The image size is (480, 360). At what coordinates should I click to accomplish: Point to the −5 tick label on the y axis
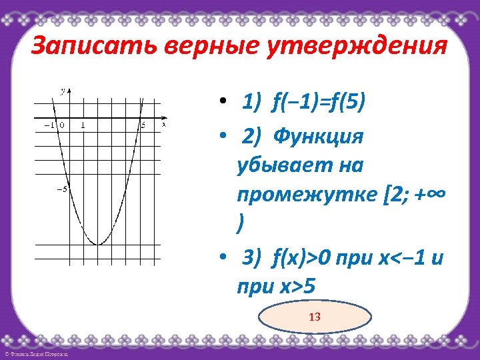coord(61,189)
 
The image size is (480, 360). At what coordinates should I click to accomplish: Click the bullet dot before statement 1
coord(227,103)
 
